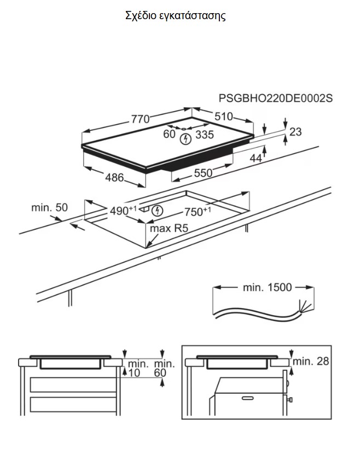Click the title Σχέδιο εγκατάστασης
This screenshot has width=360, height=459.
(176, 15)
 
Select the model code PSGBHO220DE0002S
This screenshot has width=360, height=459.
(275, 98)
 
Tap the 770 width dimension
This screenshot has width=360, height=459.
(140, 119)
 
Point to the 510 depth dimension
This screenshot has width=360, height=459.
(224, 117)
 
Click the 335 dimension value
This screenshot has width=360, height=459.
(205, 135)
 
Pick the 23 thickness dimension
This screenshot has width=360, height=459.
(295, 132)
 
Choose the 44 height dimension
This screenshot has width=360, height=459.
(256, 158)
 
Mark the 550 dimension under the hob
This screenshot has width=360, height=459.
(203, 173)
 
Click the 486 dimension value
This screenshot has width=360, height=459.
(114, 177)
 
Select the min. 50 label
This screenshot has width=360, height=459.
(49, 207)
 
